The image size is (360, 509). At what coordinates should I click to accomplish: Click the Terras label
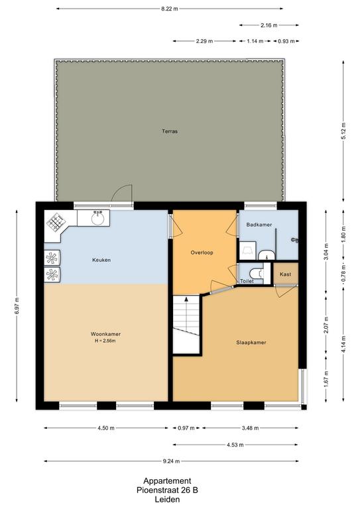(170, 131)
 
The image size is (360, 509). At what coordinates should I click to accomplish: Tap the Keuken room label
(101, 260)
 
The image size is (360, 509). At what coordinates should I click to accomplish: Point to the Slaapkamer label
(251, 343)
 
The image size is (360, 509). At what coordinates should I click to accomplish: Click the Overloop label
(202, 253)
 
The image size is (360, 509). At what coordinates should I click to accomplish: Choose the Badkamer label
(259, 225)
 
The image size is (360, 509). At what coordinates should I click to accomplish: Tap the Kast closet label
(285, 274)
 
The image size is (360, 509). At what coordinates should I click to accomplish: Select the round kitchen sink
(97, 218)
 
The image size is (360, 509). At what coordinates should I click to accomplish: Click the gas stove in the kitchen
(56, 222)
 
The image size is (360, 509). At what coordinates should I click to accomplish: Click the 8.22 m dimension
(170, 9)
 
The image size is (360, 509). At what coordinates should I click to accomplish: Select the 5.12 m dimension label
(343, 131)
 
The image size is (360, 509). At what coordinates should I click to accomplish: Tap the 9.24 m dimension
(172, 461)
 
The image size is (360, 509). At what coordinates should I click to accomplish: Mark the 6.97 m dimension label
(17, 306)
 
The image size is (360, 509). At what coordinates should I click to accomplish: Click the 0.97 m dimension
(186, 428)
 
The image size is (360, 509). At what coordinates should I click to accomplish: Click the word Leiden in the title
(167, 500)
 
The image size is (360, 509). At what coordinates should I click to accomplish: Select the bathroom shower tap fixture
(295, 240)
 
